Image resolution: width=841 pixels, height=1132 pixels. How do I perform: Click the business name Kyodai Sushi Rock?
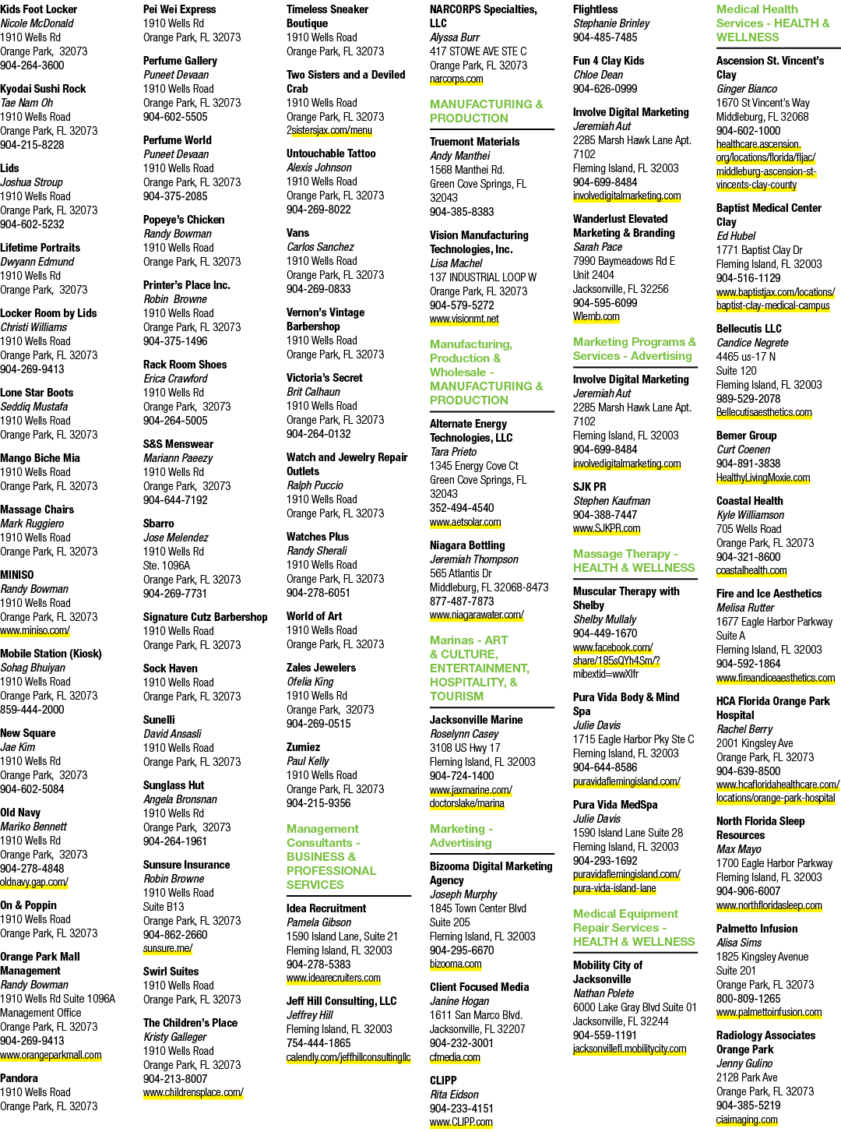pyautogui.click(x=43, y=89)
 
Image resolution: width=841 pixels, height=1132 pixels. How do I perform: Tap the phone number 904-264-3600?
pyautogui.click(x=32, y=65)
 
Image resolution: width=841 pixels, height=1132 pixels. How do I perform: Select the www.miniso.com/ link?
pyautogui.click(x=35, y=630)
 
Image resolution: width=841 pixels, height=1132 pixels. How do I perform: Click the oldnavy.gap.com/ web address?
pyautogui.click(x=34, y=883)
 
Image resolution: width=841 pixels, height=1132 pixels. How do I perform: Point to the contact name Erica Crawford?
pyautogui.click(x=175, y=379)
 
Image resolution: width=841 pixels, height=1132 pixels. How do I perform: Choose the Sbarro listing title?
pyautogui.click(x=159, y=524)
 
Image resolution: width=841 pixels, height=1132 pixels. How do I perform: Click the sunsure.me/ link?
pyautogui.click(x=168, y=949)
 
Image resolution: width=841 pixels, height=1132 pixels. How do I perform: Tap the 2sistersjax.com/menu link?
pyautogui.click(x=329, y=130)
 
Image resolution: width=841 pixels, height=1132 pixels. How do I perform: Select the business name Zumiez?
pyautogui.click(x=303, y=747)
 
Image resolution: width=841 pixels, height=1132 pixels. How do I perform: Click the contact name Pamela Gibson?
pyautogui.click(x=319, y=922)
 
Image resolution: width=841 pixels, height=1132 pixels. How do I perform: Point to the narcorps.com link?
pyautogui.click(x=456, y=79)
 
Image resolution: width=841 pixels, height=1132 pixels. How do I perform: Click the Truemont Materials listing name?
pyautogui.click(x=474, y=142)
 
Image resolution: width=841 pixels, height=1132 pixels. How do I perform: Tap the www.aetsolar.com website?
pyautogui.click(x=466, y=522)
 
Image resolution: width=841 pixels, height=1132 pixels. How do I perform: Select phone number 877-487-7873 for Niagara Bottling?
pyautogui.click(x=462, y=601)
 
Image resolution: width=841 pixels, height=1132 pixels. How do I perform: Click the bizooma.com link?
pyautogui.click(x=456, y=964)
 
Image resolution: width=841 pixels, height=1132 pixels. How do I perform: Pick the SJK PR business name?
pyautogui.click(x=589, y=487)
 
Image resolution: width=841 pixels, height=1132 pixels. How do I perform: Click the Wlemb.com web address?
pyautogui.click(x=596, y=316)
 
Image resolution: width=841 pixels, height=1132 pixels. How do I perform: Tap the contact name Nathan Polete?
pyautogui.click(x=603, y=993)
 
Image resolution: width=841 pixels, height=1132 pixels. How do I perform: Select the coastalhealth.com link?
pyautogui.click(x=751, y=570)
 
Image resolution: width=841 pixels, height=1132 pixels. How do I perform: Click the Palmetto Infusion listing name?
pyautogui.click(x=757, y=929)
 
